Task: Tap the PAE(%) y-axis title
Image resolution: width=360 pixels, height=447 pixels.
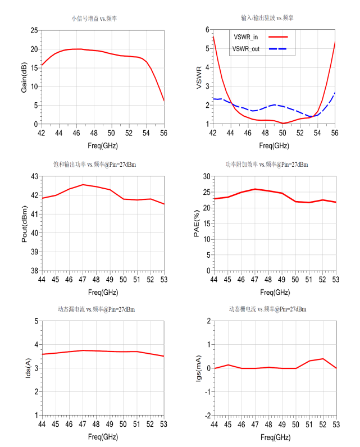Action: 197,223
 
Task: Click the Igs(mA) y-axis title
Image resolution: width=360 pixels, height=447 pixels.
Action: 197,368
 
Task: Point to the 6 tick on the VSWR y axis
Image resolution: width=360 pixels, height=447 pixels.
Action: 207,30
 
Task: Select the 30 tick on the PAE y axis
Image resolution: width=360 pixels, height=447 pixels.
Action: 206,176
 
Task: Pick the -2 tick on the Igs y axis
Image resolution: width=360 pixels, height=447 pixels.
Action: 206,415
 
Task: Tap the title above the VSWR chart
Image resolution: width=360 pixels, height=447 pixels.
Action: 266,19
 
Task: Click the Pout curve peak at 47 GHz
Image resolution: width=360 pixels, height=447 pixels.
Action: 83,185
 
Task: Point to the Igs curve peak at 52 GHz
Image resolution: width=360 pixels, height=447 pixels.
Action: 323,359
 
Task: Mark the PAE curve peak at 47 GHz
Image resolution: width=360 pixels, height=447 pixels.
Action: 255,189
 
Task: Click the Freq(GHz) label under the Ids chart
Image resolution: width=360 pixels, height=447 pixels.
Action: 102,436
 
